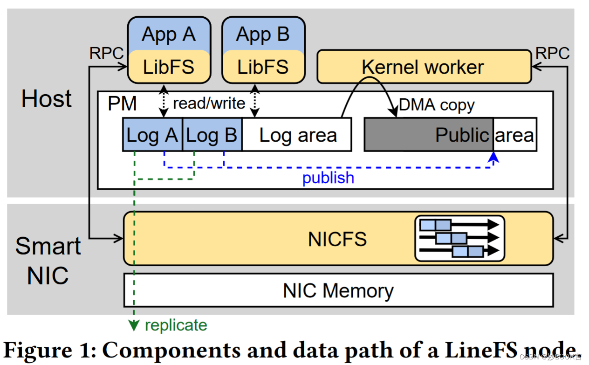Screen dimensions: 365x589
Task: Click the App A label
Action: pyautogui.click(x=169, y=34)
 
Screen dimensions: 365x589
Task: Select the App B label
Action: pyautogui.click(x=263, y=34)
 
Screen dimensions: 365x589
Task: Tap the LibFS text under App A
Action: pyautogui.click(x=169, y=67)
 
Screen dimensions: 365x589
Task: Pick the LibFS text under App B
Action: pyautogui.click(x=263, y=67)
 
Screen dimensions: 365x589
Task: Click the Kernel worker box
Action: pyautogui.click(x=423, y=67)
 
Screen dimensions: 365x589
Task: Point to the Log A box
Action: pyautogui.click(x=152, y=135)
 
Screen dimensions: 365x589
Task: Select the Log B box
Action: pyautogui.click(x=212, y=135)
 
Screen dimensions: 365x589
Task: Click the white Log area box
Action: pyautogui.click(x=297, y=135)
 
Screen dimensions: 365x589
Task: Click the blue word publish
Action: pyautogui.click(x=328, y=178)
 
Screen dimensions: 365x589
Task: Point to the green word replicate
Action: pyautogui.click(x=176, y=325)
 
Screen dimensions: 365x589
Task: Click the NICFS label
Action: pyautogui.click(x=337, y=240)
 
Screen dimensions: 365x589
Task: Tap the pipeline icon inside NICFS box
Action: pyautogui.click(x=459, y=238)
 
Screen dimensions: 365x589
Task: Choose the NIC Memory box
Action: pyautogui.click(x=338, y=290)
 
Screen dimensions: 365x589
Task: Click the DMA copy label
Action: pyautogui.click(x=437, y=105)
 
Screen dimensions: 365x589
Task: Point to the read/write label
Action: pyautogui.click(x=209, y=103)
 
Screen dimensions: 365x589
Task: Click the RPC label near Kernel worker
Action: pyautogui.click(x=552, y=53)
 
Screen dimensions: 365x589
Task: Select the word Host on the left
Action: pyautogui.click(x=47, y=99)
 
